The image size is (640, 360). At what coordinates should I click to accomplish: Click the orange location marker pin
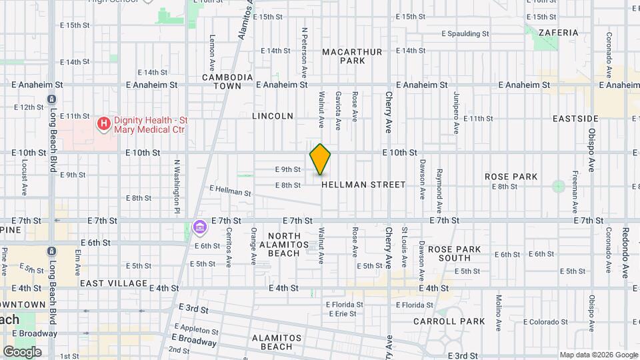pos(320,159)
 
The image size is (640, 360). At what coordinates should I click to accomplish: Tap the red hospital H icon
pos(103,123)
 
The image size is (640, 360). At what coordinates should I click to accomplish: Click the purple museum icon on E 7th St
pos(199,228)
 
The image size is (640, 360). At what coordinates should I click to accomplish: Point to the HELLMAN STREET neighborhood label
pos(363,185)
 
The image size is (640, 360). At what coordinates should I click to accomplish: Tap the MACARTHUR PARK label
pos(352,56)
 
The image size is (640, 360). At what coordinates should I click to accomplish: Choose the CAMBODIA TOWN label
pos(227,81)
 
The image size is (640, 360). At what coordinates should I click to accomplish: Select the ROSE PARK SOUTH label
pos(454,253)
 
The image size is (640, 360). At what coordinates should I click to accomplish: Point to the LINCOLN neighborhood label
pos(273,116)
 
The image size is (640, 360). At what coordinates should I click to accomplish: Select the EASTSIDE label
pos(575,119)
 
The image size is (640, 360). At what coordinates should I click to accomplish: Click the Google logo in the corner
pos(22,352)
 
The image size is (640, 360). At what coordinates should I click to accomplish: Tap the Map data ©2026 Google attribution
pos(598,355)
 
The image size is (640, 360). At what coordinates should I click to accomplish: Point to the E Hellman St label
pos(230,192)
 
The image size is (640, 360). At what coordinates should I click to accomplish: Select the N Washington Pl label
pos(178,177)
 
